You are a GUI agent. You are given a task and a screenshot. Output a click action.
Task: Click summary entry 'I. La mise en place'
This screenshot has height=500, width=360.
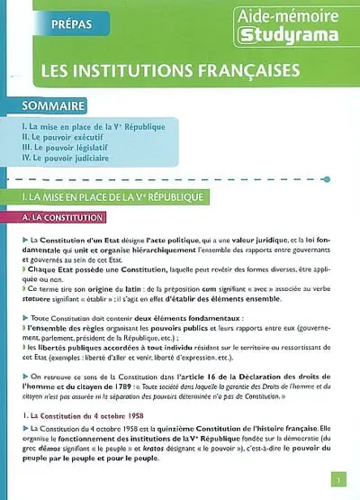pyautogui.click(x=95, y=125)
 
